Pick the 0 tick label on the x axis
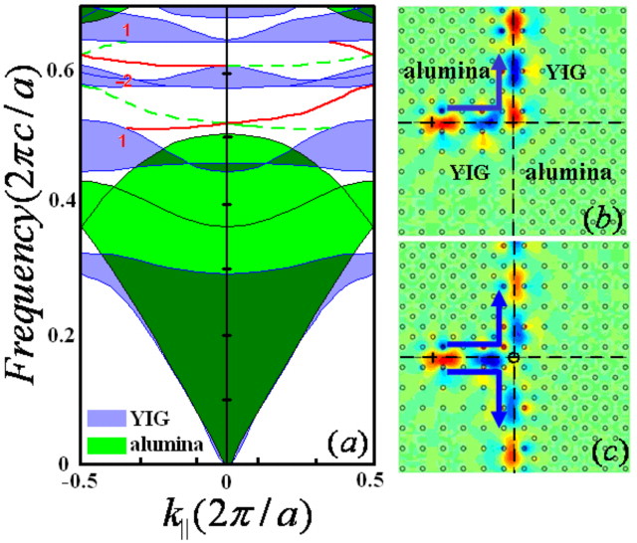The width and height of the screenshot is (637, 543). (x=228, y=481)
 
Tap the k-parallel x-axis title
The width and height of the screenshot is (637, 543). (x=227, y=516)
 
